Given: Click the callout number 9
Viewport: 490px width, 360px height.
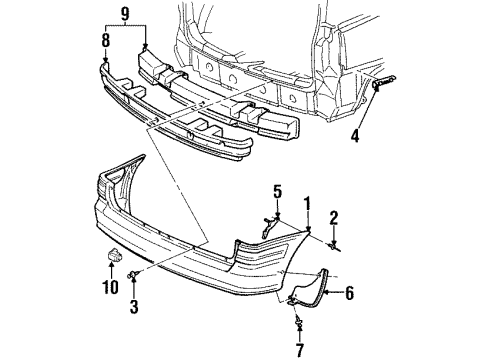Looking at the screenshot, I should [125, 15].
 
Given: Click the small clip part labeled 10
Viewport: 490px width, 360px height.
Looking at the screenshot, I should [112, 260].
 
